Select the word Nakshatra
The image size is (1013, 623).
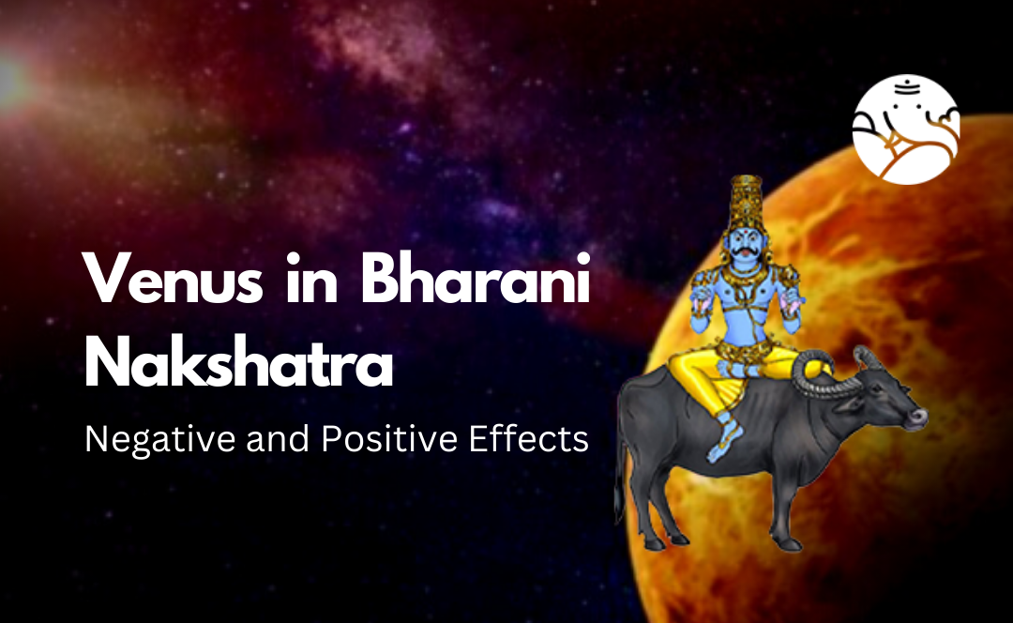click(x=238, y=366)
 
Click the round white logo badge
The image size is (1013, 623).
click(x=906, y=129)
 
